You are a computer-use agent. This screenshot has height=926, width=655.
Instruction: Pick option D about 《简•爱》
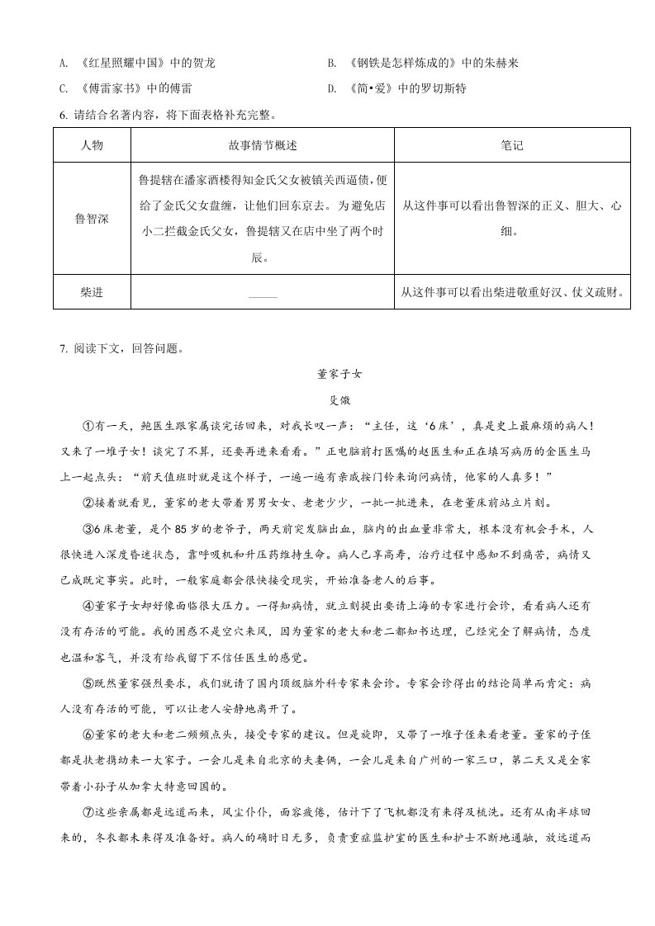pyautogui.click(x=408, y=88)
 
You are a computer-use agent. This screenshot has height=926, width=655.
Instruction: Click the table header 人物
pyautogui.click(x=92, y=146)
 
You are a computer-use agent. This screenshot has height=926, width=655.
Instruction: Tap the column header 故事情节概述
pyautogui.click(x=263, y=146)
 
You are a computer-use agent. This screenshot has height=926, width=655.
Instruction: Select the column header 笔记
pyautogui.click(x=512, y=146)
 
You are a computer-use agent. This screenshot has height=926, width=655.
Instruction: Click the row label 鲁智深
pyautogui.click(x=92, y=219)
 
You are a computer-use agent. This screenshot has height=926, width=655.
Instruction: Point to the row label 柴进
pyautogui.click(x=92, y=292)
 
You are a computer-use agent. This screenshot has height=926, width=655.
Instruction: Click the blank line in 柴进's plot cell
pyautogui.click(x=263, y=295)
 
